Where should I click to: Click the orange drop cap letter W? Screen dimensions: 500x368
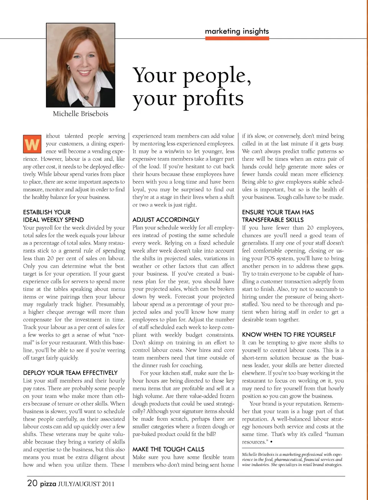32,144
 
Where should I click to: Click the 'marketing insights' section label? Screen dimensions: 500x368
237,31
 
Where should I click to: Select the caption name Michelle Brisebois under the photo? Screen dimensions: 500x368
80,114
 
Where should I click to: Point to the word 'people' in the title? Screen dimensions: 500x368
214,75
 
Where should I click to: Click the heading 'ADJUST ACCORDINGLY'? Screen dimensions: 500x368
166,220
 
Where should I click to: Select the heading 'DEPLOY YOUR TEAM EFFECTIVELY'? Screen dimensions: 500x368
70,373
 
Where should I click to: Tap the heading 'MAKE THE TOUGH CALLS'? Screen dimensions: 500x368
168,449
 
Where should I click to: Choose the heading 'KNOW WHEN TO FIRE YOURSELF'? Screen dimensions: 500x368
289,335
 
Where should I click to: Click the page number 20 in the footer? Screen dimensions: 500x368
32,483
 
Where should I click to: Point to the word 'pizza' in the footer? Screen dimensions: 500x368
48,484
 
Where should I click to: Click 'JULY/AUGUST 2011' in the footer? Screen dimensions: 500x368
86,484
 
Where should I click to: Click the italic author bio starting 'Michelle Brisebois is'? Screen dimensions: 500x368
292,459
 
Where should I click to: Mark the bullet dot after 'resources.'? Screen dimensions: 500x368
271,442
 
